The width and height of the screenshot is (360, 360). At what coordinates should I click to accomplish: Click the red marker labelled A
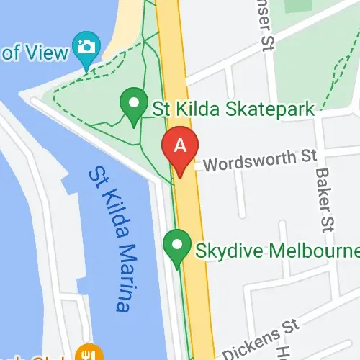click(181, 148)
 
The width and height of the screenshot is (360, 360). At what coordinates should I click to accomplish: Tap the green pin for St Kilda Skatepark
click(133, 106)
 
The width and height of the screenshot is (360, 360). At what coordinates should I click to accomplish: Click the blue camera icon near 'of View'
click(86, 48)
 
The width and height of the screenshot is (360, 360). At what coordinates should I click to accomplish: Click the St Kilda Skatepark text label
click(233, 109)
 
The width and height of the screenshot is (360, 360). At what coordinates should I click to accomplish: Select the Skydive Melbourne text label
click(276, 251)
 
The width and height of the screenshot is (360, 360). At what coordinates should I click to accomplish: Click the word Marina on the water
click(120, 276)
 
